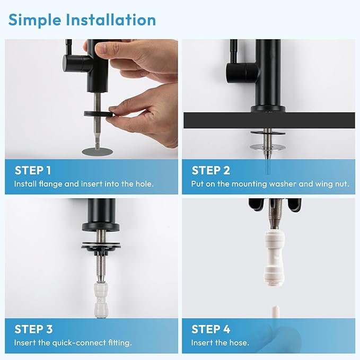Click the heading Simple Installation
point(82,20)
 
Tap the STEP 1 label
point(33,170)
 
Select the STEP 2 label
point(210,170)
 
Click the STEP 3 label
point(33,329)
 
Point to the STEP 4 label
point(211,329)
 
